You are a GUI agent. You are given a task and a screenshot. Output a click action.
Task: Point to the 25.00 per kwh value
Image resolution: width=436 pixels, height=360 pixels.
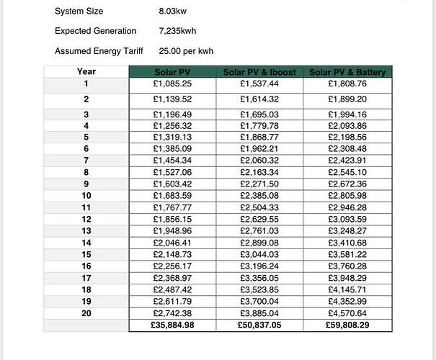coord(186,51)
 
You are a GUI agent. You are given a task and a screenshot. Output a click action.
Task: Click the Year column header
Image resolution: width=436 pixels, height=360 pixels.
coord(86,71)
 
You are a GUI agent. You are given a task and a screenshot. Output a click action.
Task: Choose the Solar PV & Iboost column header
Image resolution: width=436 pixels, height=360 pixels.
coord(260,72)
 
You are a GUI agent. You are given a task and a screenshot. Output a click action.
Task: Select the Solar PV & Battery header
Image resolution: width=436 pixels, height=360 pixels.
coord(348,72)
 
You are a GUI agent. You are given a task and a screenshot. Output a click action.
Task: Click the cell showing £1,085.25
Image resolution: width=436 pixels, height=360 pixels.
coord(172,84)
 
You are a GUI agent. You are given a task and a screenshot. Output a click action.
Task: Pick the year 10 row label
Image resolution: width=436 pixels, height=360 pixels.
coord(86,196)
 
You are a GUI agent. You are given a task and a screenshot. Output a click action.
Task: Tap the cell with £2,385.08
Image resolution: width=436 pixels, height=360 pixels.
coord(260,196)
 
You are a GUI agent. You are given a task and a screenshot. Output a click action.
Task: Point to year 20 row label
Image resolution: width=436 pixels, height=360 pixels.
coord(86,313)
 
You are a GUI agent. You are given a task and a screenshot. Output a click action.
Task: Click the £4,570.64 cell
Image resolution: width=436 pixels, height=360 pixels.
coord(348,313)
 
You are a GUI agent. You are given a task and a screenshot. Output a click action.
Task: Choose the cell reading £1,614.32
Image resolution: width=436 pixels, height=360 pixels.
coord(260,99)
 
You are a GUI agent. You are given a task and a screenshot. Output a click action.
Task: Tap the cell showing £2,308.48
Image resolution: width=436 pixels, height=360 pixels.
coord(348,149)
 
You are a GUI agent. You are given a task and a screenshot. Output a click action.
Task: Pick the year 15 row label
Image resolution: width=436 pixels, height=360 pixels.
coord(86,254)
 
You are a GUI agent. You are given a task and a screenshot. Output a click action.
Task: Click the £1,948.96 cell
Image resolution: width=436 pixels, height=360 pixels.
coord(172,231)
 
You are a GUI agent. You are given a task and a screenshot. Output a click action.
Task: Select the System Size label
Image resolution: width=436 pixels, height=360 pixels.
coord(79,12)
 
